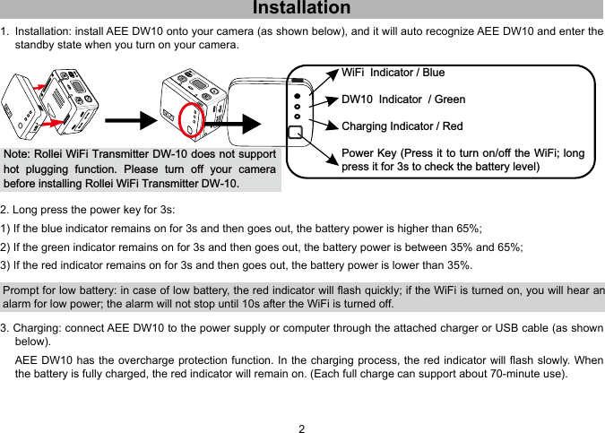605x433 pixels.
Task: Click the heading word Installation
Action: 302,9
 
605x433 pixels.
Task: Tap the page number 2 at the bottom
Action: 302,428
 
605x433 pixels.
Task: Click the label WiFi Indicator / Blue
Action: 393,73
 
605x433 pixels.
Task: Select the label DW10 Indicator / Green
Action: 403,100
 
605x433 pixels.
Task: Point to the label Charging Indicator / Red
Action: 402,126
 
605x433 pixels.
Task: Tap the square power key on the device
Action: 294,133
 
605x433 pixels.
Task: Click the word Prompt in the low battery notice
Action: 23,290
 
